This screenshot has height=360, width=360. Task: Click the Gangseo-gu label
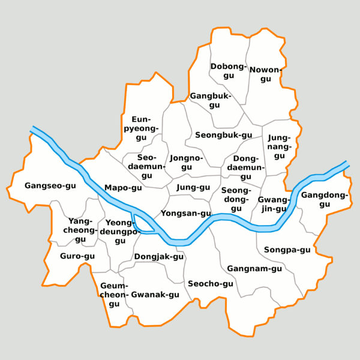click(50, 185)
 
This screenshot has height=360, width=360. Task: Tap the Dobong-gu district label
click(229, 71)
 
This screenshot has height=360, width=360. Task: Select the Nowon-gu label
click(265, 74)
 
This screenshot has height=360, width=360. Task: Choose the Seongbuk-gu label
click(223, 135)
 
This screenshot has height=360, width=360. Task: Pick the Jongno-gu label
click(186, 163)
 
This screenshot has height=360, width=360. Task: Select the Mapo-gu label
click(123, 188)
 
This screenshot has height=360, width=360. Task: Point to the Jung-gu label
click(193, 188)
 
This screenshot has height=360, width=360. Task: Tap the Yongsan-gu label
click(186, 213)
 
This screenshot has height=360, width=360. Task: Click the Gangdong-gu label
click(325, 199)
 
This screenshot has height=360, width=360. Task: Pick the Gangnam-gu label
click(254, 269)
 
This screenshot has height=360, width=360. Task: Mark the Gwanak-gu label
click(155, 295)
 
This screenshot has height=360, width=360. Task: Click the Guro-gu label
click(77, 256)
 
